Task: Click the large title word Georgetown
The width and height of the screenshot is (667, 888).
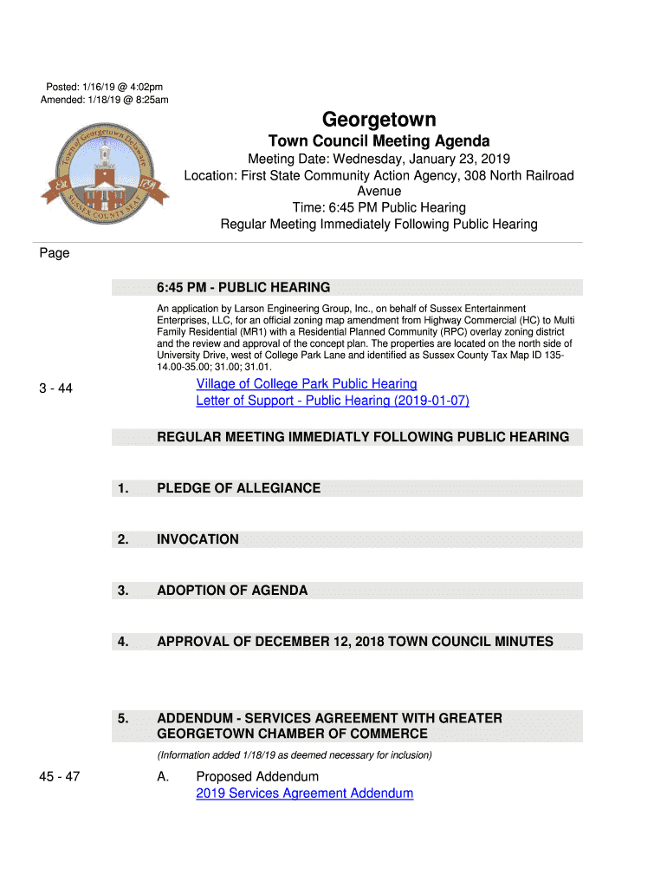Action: tap(379, 120)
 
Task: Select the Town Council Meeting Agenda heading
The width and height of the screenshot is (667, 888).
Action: tap(379, 141)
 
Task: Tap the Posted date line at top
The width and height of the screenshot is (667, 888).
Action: tap(105, 87)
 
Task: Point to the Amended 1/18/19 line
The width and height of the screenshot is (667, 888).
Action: tap(105, 100)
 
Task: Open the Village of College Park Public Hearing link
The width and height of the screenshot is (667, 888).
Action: tap(307, 384)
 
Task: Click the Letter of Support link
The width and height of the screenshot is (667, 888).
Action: tap(333, 402)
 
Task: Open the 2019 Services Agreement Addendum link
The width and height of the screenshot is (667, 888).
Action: tap(305, 793)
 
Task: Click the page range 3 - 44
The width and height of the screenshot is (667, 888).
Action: tap(55, 389)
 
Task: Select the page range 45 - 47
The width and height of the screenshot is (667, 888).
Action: tap(59, 777)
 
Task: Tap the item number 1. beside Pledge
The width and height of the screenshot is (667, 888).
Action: tap(124, 488)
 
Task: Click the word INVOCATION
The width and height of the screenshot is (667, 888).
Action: tap(198, 539)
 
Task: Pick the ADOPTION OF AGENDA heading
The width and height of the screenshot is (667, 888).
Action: tap(232, 591)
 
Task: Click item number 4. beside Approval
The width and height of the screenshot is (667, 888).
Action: tap(124, 642)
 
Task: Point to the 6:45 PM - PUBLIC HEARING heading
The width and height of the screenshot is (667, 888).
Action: tap(243, 288)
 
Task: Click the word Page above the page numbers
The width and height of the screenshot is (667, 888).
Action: tap(55, 253)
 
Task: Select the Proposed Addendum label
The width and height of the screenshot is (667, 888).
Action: tap(257, 777)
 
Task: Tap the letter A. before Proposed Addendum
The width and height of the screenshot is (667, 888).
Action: tap(163, 777)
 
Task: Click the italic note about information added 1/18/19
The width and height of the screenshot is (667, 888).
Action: tap(295, 755)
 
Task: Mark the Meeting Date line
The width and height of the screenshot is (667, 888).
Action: tap(379, 160)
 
